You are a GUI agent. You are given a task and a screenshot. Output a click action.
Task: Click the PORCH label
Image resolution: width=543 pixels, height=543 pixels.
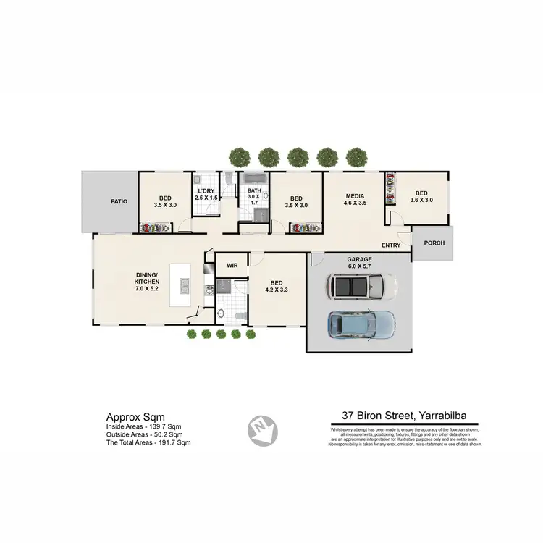[434, 243]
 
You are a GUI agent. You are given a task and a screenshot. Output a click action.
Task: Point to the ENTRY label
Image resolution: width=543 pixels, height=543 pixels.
[391, 245]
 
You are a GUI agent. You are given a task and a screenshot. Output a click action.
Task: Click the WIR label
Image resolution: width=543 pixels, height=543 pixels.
[232, 266]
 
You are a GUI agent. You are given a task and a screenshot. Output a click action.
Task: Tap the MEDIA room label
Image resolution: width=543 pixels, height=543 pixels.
[354, 195]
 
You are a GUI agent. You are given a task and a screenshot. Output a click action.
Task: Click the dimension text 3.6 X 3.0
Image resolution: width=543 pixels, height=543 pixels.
[421, 200]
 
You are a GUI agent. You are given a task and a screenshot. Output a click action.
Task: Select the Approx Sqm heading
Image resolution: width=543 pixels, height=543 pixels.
[135, 416]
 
